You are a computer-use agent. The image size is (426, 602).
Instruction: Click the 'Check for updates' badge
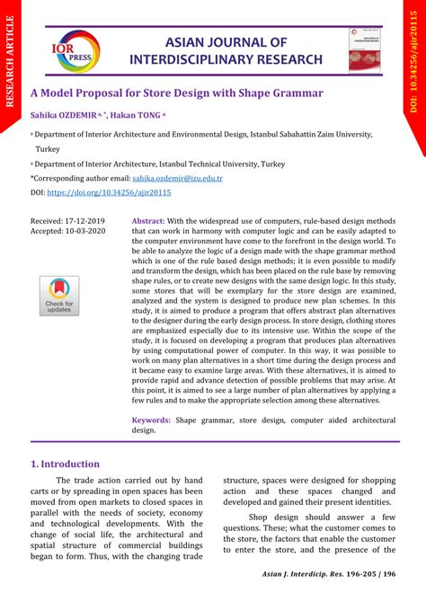(x=59, y=296)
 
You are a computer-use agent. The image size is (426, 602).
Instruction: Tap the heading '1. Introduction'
(x=65, y=464)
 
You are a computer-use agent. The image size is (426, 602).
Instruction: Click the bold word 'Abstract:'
(x=148, y=220)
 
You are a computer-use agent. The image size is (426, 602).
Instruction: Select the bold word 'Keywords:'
(x=152, y=420)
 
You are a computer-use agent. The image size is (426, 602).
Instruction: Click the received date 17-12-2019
(x=83, y=220)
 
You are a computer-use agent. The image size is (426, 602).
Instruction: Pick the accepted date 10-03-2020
(x=84, y=231)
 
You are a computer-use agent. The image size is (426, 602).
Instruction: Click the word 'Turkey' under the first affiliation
(x=48, y=148)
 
